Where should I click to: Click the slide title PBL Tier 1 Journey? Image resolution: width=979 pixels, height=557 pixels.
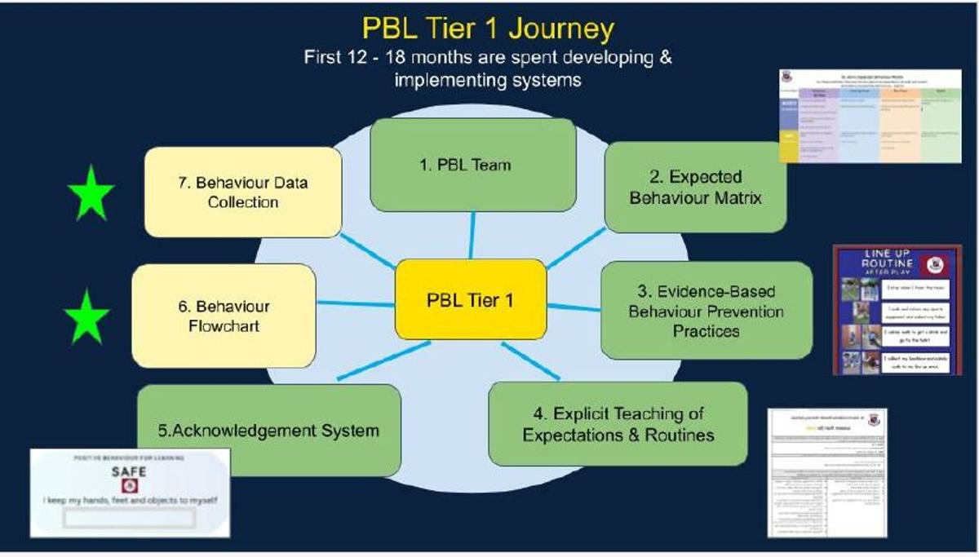pyautogui.click(x=488, y=29)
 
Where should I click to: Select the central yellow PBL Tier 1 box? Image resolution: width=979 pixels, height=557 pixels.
pyautogui.click(x=471, y=299)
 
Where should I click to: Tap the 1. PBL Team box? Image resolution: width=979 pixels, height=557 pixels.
pyautogui.click(x=472, y=165)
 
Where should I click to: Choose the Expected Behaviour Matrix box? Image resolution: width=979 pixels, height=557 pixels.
pyautogui.click(x=695, y=187)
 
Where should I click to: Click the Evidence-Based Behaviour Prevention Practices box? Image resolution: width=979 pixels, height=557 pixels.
pyautogui.click(x=706, y=311)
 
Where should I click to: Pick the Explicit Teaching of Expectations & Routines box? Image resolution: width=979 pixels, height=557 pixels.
pyautogui.click(x=618, y=424)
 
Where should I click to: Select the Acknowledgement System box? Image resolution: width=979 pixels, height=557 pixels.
pyautogui.click(x=268, y=430)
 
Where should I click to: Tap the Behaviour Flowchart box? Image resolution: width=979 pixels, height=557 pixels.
pyautogui.click(x=224, y=316)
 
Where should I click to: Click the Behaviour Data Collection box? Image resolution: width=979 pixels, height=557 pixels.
pyautogui.click(x=242, y=192)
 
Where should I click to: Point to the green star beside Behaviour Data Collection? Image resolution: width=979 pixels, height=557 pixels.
pyautogui.click(x=90, y=193)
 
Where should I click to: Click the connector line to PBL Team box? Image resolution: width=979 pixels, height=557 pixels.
pyautogui.click(x=472, y=235)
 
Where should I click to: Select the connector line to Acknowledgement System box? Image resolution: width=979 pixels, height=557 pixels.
pyautogui.click(x=383, y=360)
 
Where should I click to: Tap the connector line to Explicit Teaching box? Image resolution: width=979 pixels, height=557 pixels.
pyautogui.click(x=530, y=360)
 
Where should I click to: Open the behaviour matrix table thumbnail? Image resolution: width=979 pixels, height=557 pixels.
pyautogui.click(x=870, y=115)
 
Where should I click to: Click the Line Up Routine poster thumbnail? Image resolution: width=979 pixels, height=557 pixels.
pyautogui.click(x=897, y=310)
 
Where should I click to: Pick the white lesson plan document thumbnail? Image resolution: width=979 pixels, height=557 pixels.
pyautogui.click(x=826, y=472)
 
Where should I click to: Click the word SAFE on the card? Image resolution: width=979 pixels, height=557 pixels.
pyautogui.click(x=129, y=471)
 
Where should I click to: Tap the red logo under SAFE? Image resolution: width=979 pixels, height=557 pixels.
pyautogui.click(x=129, y=486)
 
